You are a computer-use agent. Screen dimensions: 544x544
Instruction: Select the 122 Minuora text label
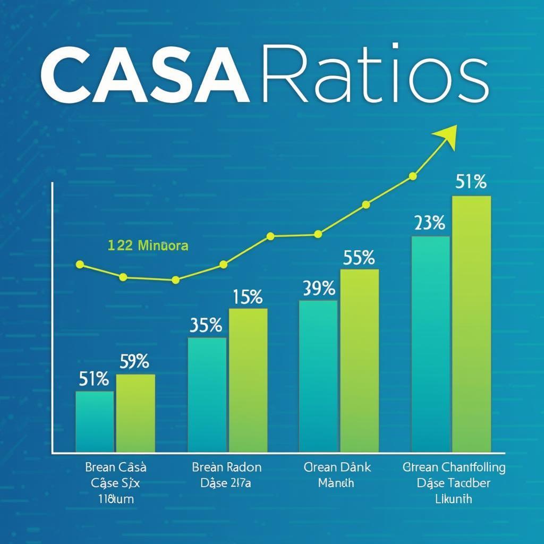(x=148, y=246)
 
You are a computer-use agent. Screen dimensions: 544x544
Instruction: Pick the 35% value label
(x=206, y=325)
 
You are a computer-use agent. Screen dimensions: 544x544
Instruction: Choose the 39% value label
(x=319, y=288)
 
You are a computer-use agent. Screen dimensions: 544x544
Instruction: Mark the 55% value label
(x=359, y=258)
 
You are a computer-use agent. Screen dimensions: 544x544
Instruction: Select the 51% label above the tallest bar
(x=471, y=182)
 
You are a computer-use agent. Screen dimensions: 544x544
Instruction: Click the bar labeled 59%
(x=135, y=413)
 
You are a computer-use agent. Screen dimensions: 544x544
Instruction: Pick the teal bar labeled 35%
(x=207, y=394)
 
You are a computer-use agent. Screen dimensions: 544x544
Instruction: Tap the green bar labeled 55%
(x=360, y=360)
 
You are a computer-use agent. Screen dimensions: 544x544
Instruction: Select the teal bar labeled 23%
(x=430, y=344)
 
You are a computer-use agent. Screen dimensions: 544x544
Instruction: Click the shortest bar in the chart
(x=95, y=421)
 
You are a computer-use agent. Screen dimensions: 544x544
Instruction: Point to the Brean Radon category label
(x=227, y=467)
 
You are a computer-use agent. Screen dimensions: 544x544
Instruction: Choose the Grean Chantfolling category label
(x=454, y=467)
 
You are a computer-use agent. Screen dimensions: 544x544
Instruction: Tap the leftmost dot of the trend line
(x=80, y=264)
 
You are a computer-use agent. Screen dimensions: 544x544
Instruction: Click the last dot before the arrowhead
(x=412, y=176)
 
